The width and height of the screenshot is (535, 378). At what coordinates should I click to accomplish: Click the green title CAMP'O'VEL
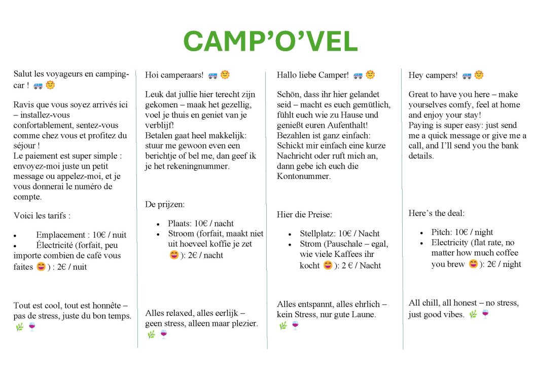click(270, 42)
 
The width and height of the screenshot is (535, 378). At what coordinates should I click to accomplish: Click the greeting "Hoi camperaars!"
click(174, 75)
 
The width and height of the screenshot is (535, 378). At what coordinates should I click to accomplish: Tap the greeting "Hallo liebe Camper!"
click(312, 75)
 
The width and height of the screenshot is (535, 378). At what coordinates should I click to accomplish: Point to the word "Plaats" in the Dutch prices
click(180, 223)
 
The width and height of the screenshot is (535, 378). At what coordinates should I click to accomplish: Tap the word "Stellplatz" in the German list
click(317, 234)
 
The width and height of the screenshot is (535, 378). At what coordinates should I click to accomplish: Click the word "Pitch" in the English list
click(441, 232)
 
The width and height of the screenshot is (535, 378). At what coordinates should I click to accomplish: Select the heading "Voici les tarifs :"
click(42, 216)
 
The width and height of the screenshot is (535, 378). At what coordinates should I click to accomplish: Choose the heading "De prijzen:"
click(165, 205)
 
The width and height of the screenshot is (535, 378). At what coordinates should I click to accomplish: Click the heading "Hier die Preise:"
click(304, 215)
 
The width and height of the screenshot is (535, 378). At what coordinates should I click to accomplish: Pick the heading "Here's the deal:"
click(436, 213)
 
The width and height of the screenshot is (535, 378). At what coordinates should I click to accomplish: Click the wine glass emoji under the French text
click(32, 326)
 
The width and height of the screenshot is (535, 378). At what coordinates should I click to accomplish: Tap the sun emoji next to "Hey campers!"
click(479, 75)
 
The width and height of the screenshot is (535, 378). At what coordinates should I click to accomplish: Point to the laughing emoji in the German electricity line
click(328, 265)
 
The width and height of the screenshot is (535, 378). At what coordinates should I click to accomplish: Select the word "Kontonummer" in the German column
click(301, 176)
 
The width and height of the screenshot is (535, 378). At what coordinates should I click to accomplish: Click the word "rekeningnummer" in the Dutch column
click(197, 166)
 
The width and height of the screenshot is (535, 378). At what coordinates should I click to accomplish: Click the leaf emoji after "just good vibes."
click(473, 314)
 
